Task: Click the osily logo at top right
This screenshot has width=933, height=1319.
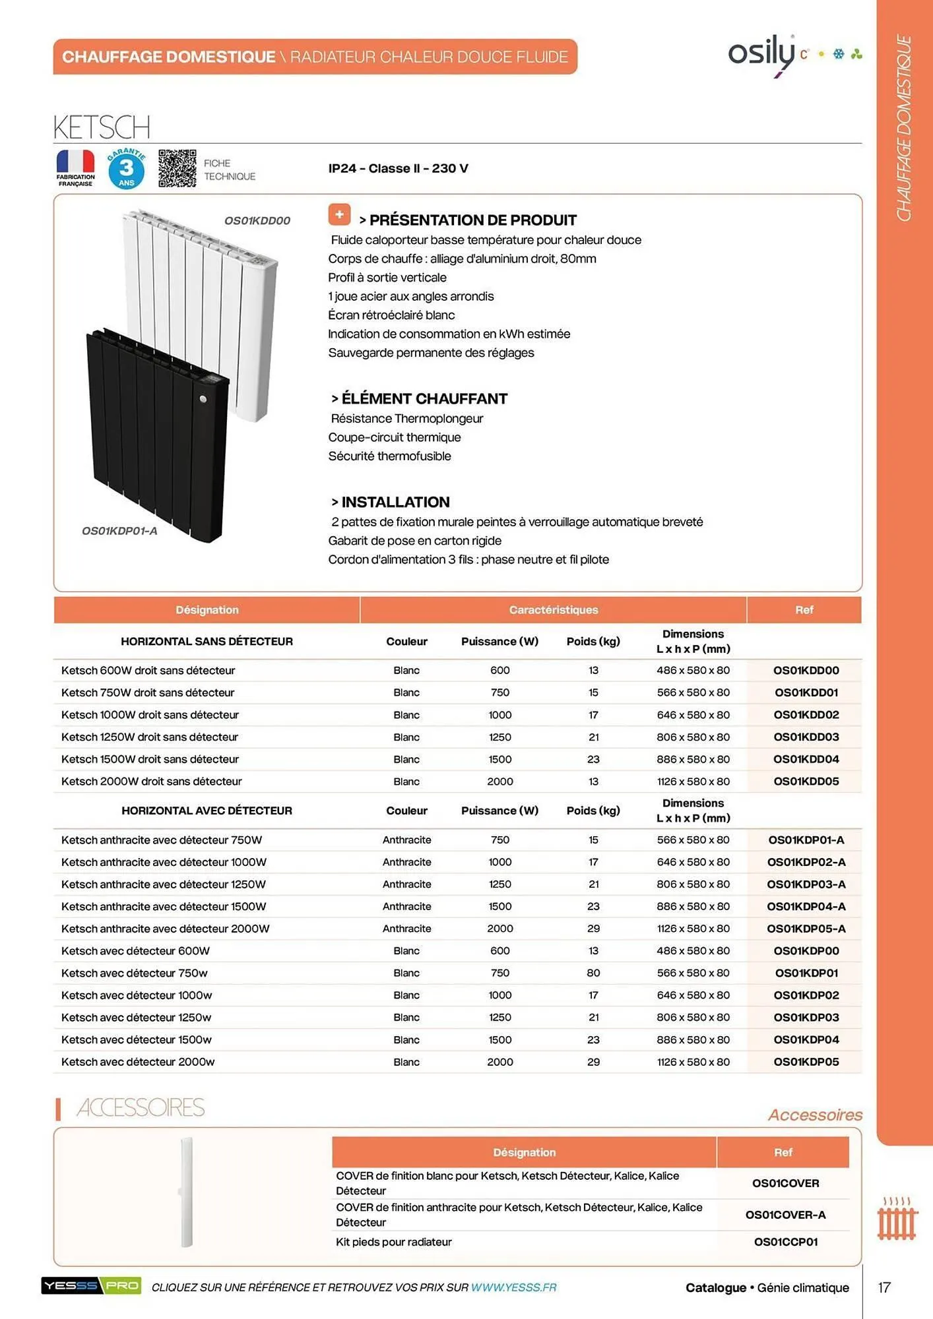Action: [x=763, y=54]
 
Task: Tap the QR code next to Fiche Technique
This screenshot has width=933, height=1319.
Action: [x=177, y=169]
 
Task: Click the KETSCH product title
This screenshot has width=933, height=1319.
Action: [x=102, y=127]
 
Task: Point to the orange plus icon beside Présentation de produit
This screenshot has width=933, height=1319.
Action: [x=339, y=214]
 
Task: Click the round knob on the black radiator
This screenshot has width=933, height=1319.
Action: [x=203, y=399]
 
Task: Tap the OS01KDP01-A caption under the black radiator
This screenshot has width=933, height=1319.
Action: [x=119, y=531]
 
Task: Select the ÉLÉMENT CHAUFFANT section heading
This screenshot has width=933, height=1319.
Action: [x=424, y=398]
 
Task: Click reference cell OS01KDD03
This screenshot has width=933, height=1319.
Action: [x=806, y=737]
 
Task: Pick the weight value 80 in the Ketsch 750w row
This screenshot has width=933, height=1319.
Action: [x=593, y=973]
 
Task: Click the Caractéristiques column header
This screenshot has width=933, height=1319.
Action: [x=553, y=610]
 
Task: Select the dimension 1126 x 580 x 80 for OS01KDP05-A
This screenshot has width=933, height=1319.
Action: [x=693, y=929]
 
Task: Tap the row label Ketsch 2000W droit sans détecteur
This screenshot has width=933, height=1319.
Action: [x=151, y=782]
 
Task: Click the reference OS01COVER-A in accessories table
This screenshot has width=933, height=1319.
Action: [x=785, y=1215]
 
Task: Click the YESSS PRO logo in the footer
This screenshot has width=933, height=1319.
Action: [x=91, y=1285]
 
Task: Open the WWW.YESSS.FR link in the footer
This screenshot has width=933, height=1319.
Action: [x=513, y=1287]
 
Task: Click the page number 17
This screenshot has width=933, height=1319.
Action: [x=884, y=1287]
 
